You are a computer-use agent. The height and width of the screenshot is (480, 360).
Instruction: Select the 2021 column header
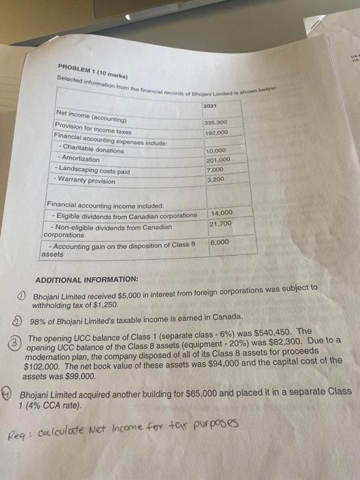click(x=212, y=107)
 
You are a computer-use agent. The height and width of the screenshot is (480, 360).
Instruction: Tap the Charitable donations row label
click(x=93, y=150)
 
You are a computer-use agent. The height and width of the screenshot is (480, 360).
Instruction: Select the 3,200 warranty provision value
click(x=215, y=179)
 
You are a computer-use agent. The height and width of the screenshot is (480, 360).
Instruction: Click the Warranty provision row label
click(x=87, y=181)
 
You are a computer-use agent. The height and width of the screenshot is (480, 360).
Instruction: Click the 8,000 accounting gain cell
click(x=219, y=243)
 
